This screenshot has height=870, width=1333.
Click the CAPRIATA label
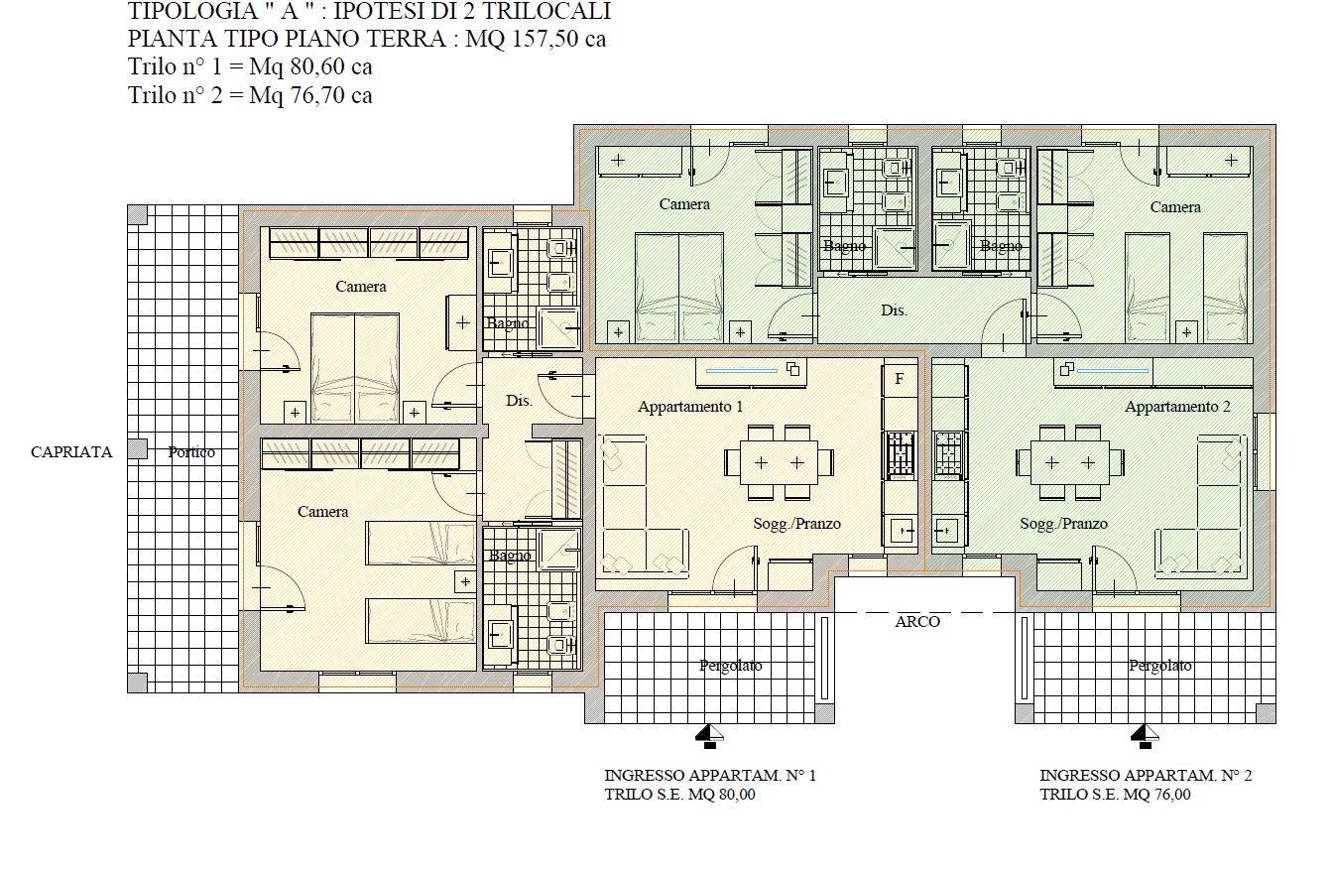coord(71,452)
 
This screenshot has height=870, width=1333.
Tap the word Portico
coord(191,452)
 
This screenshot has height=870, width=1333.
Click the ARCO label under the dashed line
coord(917,622)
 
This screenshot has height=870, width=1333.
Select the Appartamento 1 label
coord(690,407)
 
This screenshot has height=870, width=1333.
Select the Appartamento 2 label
coord(1177,407)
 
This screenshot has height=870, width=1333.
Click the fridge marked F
coord(900,378)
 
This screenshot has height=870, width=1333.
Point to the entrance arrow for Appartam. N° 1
coord(709,736)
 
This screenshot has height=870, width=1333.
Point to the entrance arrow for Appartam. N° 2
coord(1145,736)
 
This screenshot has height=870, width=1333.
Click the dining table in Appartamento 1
coord(779,462)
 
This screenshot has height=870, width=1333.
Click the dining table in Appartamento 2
coord(1070,462)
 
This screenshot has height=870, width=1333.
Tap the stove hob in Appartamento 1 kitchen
coord(901,455)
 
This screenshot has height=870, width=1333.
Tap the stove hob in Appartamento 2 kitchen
coord(948,455)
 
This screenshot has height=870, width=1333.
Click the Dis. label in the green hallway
coord(894,311)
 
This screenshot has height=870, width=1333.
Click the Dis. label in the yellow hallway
coord(519,401)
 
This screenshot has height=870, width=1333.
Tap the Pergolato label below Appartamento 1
coord(730,666)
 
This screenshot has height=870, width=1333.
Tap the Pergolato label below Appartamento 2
coord(1159,666)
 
